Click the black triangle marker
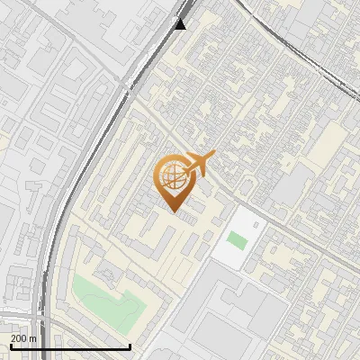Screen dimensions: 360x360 point(181,23)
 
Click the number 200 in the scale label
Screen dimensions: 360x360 point(19,338)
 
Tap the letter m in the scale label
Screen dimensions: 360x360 point(33,338)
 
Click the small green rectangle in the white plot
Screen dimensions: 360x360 point(237,240)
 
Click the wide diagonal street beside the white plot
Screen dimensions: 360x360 point(270,225)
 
